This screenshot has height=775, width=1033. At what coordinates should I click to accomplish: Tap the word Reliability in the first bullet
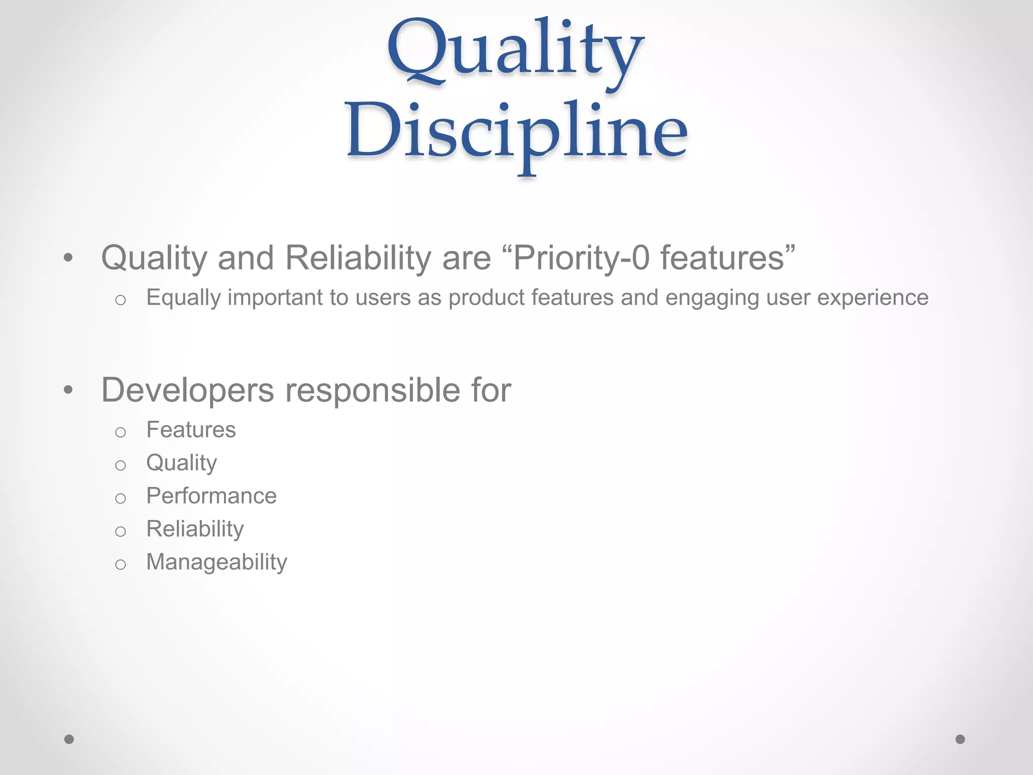pos(358,258)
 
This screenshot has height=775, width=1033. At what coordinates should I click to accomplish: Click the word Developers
pos(188,390)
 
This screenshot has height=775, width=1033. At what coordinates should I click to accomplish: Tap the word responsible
pos(373,390)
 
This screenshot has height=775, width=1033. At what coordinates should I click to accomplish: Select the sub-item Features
pos(191,430)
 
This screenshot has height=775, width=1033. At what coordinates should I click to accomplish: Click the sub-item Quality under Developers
pos(182,463)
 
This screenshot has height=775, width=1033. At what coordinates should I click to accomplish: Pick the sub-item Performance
pos(211,496)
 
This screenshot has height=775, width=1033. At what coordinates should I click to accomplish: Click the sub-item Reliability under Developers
pos(195,529)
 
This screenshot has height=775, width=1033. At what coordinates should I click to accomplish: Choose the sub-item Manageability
pos(216,562)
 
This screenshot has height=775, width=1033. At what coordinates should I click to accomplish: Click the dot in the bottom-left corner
pos(69,739)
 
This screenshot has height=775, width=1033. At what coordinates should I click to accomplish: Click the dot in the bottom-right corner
pos(960,739)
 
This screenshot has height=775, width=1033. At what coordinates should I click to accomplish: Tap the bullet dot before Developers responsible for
pos(69,390)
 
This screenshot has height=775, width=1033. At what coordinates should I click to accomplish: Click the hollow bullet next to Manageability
pos(120,564)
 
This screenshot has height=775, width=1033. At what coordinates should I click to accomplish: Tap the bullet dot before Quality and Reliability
pos(69,258)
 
